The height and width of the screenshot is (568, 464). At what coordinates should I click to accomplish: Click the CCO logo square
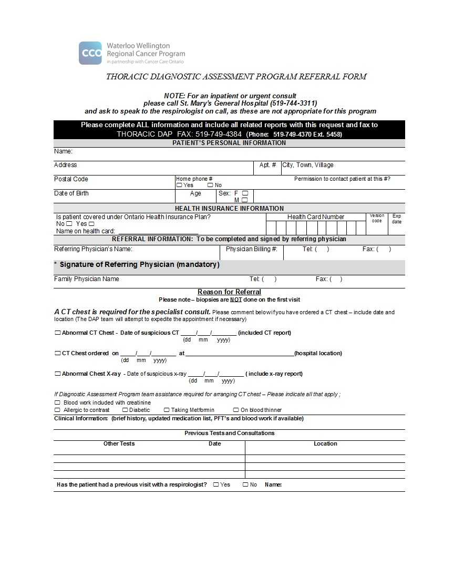click(x=90, y=53)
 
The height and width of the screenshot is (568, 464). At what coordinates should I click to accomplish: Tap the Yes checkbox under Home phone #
click(x=179, y=185)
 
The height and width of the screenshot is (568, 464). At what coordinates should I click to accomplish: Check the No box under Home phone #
click(x=210, y=185)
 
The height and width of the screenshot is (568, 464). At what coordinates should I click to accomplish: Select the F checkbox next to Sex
click(x=245, y=193)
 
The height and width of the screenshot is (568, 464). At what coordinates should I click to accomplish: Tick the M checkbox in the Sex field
click(x=245, y=200)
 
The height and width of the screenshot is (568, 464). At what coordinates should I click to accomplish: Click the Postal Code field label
click(x=71, y=179)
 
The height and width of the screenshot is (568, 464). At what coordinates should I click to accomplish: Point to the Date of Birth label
click(x=71, y=193)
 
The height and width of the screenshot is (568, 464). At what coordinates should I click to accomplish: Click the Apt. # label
click(x=267, y=165)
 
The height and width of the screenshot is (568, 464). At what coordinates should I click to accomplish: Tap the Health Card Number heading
click(x=315, y=217)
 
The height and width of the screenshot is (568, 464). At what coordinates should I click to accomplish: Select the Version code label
click(x=377, y=218)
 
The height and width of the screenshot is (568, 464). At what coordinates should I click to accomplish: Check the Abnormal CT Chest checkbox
click(x=58, y=333)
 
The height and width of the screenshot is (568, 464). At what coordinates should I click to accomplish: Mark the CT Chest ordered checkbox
click(x=58, y=353)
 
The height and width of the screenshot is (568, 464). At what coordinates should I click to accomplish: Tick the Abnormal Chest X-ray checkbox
click(x=58, y=374)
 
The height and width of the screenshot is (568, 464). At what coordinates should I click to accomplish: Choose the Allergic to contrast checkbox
click(x=57, y=410)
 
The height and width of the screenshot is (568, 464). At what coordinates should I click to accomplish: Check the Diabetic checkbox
click(x=125, y=410)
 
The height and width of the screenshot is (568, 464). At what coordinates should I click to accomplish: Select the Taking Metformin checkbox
click(x=167, y=410)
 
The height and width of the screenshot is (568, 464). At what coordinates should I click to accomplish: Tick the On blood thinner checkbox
click(x=236, y=410)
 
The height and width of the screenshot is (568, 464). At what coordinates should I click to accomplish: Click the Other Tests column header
click(x=119, y=443)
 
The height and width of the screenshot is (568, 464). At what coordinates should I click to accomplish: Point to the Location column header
click(x=325, y=443)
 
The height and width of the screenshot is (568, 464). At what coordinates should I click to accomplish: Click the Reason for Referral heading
click(x=229, y=292)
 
